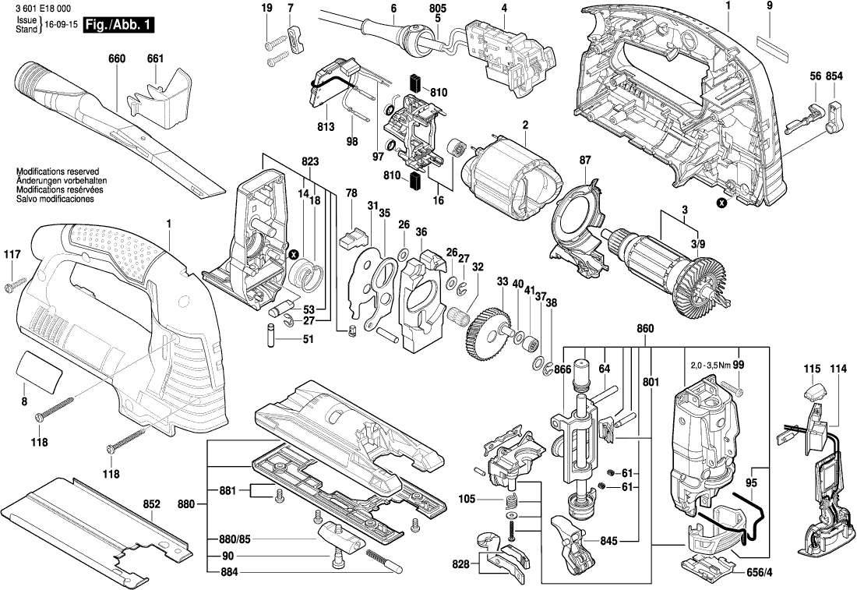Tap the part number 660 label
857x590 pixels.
point(118,58)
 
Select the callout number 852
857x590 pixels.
point(151,504)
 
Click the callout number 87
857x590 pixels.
point(584,160)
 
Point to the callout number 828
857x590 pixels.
point(461,562)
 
